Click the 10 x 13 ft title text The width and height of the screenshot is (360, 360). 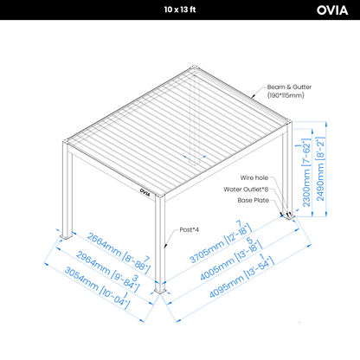pos(180,10)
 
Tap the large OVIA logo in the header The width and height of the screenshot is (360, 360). pos(332,10)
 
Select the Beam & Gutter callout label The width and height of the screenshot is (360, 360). pos(289,87)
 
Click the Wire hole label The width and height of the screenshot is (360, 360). pos(254,177)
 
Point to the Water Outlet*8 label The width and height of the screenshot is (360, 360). pos(246,190)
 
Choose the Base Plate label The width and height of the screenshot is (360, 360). pos(254,200)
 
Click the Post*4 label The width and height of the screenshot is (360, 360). pos(190,229)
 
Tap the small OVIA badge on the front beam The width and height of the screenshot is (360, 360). pos(145,192)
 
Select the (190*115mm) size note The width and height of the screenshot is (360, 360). pos(286,95)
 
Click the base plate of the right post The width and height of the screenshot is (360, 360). pos(289,215)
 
